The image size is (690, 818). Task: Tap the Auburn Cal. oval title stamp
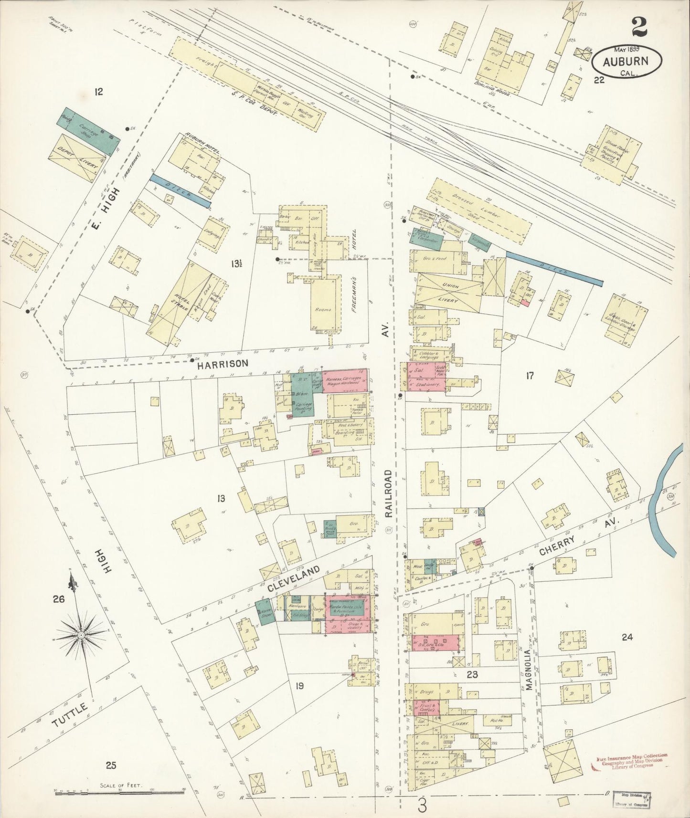pyautogui.click(x=627, y=62)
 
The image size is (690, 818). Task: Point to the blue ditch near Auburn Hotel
pyautogui.click(x=180, y=190)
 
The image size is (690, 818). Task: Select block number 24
pyautogui.click(x=626, y=637)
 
